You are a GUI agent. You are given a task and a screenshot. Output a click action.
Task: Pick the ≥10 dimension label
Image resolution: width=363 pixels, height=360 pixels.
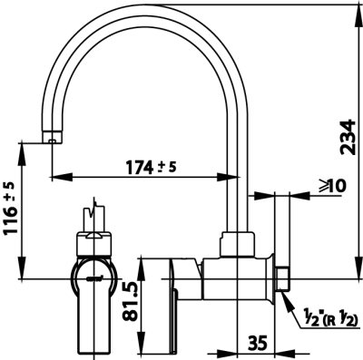click(x=331, y=185)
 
